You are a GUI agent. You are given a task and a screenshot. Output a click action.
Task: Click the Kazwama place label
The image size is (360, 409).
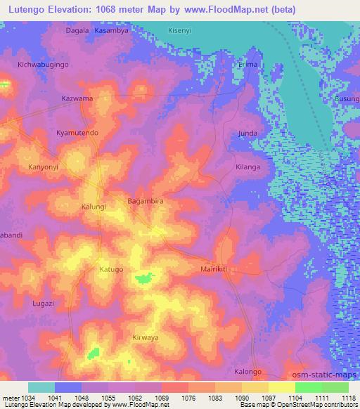click(x=77, y=98)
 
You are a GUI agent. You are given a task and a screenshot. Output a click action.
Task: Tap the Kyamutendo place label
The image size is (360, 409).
click(x=77, y=132)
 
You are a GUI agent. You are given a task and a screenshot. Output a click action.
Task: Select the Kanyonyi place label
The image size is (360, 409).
click(x=44, y=169)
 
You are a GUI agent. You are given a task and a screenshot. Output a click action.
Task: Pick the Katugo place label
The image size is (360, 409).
click(x=111, y=269)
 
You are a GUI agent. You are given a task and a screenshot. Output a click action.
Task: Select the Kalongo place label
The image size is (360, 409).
click(x=247, y=372)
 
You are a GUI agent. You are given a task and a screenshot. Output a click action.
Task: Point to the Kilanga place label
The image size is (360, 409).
click(x=247, y=167)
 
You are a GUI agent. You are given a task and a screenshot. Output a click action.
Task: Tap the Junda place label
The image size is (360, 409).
click(x=247, y=133)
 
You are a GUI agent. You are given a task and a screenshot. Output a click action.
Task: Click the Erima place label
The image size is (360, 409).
click(x=248, y=64)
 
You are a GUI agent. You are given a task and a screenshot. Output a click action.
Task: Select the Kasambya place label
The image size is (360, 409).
click(x=111, y=30)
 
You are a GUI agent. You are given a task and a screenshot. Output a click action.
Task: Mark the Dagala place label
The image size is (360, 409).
click(x=77, y=30)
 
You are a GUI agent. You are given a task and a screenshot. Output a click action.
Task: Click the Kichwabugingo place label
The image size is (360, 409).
click(x=44, y=64)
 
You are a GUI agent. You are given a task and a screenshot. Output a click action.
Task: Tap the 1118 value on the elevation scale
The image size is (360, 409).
click(x=348, y=398)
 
